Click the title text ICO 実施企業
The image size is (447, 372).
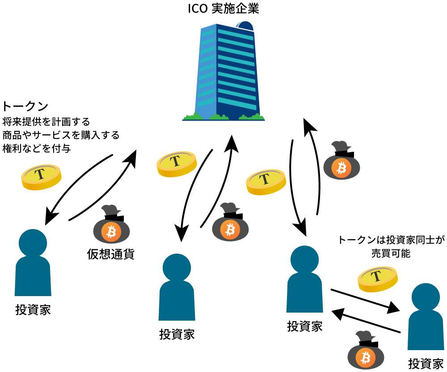pyautogui.click(x=223, y=9)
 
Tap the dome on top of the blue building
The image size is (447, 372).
pyautogui.click(x=245, y=26)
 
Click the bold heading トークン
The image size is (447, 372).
pyautogui.click(x=25, y=107)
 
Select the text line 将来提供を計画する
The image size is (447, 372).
pyautogui.click(x=46, y=121)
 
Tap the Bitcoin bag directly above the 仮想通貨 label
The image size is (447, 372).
pyautogui.click(x=110, y=228)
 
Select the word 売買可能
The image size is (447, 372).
pyautogui.click(x=390, y=253)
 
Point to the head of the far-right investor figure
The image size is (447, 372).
pyautogui.click(x=425, y=297)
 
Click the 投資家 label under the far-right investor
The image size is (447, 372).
pyautogui.click(x=426, y=363)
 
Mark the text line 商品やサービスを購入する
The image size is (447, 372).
pyautogui.click(x=60, y=135)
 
